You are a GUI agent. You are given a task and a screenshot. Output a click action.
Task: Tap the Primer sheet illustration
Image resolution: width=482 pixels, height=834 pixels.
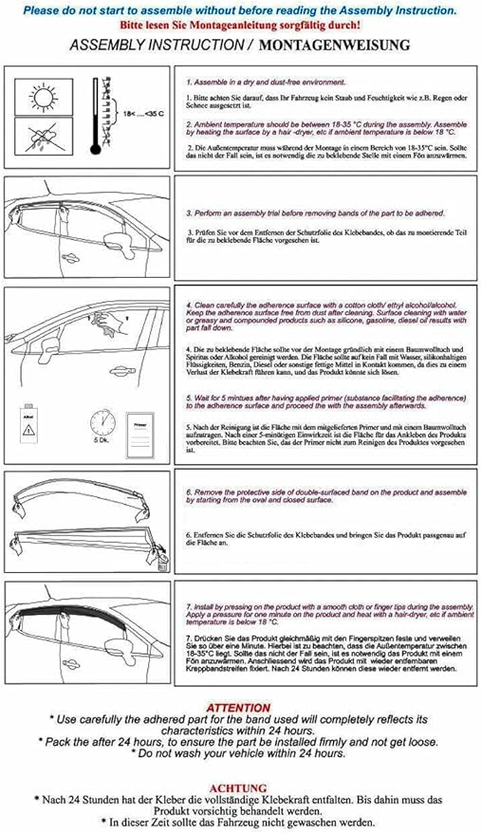coord(140,425)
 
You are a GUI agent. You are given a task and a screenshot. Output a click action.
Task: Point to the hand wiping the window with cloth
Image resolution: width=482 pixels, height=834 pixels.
coord(107,324)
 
